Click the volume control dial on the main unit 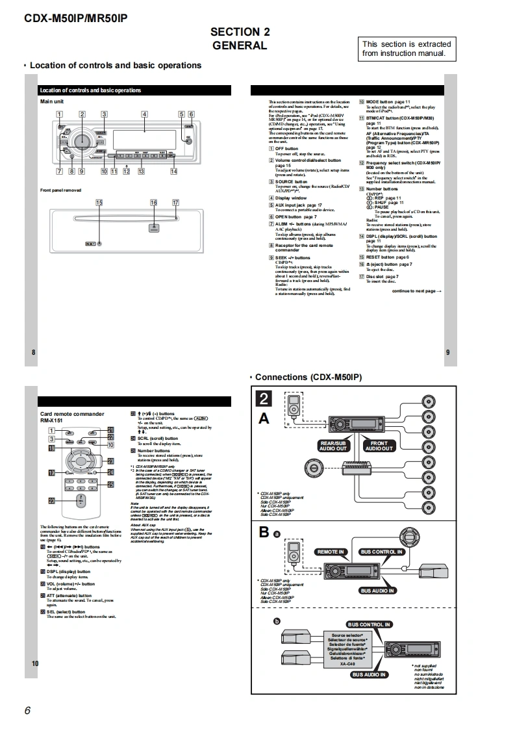pos(82,141)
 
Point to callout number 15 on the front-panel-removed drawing pos(99,203)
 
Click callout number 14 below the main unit pos(173,172)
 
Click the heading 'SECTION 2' pos(240,32)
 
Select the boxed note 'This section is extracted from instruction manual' pos(407,49)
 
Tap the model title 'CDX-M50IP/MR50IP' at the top pos(75,18)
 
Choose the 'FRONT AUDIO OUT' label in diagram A pos(379,446)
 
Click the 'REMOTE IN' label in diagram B pos(331,552)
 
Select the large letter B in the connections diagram pos(264,532)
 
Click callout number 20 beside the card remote pos(51,501)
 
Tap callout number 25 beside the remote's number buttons pos(110,484)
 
